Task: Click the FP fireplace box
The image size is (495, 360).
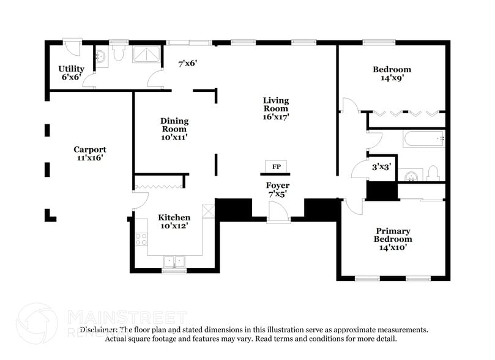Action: (x=276, y=166)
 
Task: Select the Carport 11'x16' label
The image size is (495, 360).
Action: (x=89, y=153)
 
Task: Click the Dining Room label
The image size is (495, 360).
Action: (x=174, y=129)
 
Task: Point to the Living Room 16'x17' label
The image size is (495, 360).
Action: (x=276, y=108)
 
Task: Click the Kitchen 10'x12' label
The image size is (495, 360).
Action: (x=174, y=221)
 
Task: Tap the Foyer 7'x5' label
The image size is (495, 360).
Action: (x=277, y=189)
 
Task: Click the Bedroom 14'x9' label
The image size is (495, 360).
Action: (x=392, y=73)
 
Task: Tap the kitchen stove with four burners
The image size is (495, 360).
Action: (x=141, y=239)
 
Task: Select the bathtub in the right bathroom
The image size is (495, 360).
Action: (x=423, y=139)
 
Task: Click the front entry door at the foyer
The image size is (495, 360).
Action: (x=278, y=212)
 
